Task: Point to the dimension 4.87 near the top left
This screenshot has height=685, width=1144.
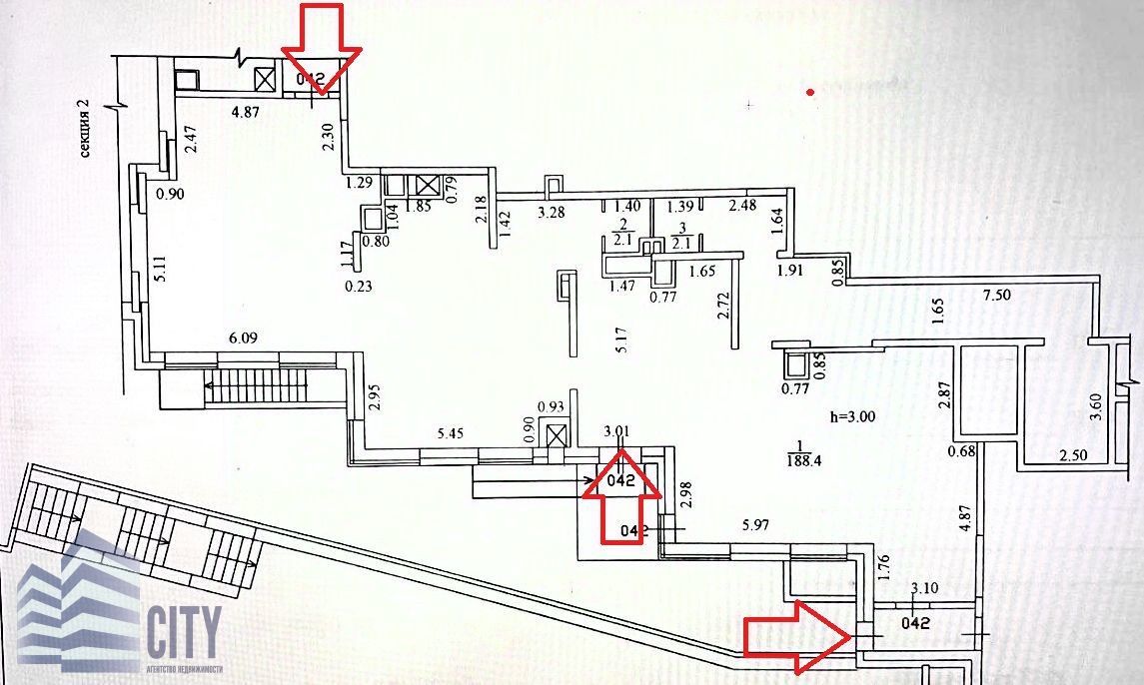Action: point(245,112)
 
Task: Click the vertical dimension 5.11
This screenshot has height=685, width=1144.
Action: point(160,272)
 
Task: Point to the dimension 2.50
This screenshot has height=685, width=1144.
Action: point(1074,456)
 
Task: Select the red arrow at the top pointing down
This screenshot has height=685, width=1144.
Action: point(321,49)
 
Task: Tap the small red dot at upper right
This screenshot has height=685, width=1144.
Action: point(811,92)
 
